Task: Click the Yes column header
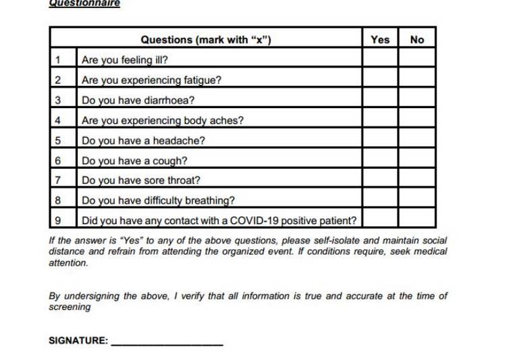click(380, 39)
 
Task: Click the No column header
click(417, 39)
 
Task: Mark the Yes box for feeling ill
click(380, 59)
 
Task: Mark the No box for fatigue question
click(417, 80)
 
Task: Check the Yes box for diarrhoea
click(380, 101)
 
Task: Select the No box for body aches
click(417, 121)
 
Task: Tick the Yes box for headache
click(380, 141)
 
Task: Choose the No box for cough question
click(417, 161)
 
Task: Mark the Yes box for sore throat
click(380, 180)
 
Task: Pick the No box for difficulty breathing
click(417, 201)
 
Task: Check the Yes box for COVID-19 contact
click(380, 220)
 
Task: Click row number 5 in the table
click(58, 141)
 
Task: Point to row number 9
click(58, 220)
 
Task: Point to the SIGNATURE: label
click(78, 341)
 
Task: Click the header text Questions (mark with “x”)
click(206, 39)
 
